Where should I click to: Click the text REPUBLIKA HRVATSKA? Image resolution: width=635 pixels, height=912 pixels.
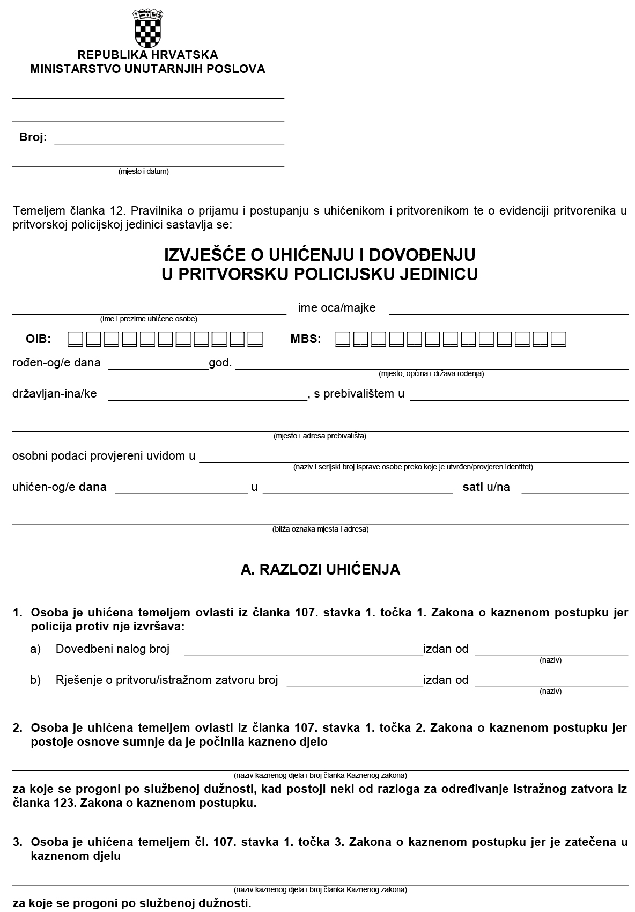coord(147,55)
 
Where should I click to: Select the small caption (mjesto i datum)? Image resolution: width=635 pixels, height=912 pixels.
coord(143,172)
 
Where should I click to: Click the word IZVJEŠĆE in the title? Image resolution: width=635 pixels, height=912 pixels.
coord(209,254)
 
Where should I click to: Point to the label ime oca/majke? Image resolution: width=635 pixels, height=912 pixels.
coord(337,308)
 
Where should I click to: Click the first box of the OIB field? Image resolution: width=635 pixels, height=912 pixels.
coord(76,339)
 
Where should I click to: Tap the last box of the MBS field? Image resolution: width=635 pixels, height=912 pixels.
coord(558,339)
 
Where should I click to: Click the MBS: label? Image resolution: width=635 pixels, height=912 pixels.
coord(306,339)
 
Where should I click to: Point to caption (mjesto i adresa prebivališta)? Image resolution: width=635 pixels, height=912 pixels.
coord(320,436)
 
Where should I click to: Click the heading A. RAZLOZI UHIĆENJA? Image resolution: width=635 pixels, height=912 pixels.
coord(320,570)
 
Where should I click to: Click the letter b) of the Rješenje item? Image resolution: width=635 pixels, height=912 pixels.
coord(35,680)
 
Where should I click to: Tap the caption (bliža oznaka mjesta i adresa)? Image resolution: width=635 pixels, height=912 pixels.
coord(320,529)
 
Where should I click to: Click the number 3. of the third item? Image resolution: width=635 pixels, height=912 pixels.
coord(18,842)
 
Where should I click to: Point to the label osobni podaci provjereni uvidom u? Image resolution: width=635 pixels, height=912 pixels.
coord(104,456)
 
